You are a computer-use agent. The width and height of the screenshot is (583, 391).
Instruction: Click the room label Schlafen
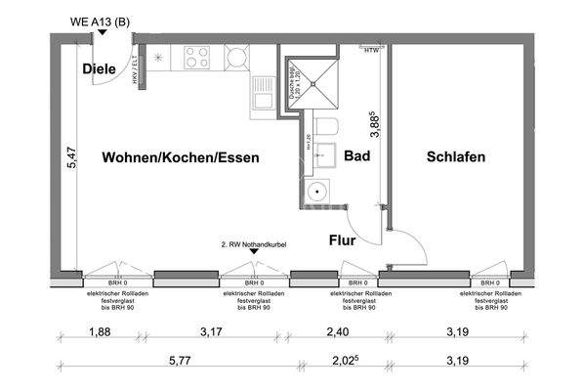pyautogui.click(x=454, y=155)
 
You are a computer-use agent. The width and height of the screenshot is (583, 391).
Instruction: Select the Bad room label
pyautogui.click(x=355, y=155)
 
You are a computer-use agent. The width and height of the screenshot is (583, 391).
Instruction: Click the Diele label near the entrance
pyautogui.click(x=99, y=68)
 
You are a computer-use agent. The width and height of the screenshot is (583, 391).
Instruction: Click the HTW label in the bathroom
pyautogui.click(x=370, y=50)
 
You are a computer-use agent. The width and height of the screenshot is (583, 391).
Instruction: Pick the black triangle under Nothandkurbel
pyautogui.click(x=254, y=251)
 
